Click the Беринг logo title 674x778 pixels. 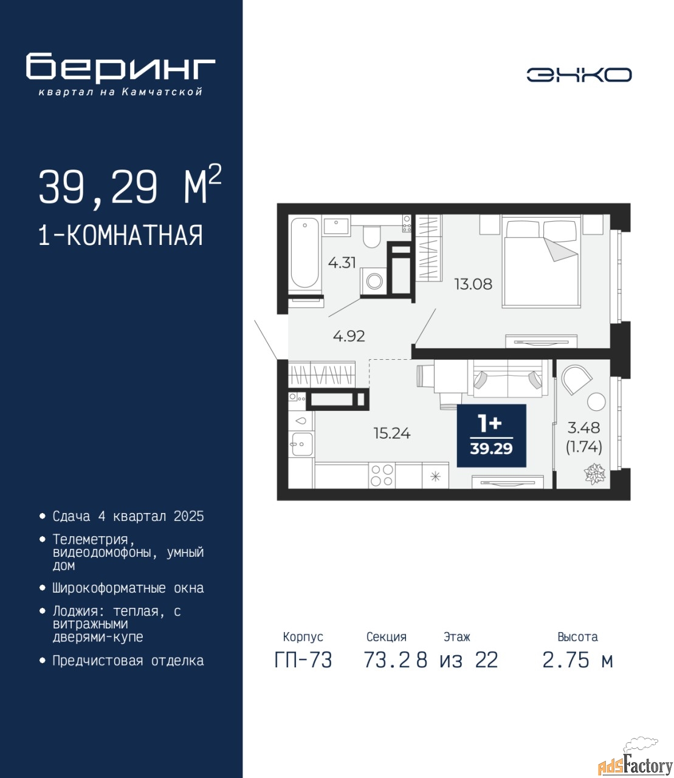coord(120,68)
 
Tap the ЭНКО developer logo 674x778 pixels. coord(579,75)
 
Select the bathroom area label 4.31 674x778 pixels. coord(342,263)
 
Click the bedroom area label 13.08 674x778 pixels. coord(473,284)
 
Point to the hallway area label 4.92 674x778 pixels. coord(349,336)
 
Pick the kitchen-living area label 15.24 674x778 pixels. coord(392,433)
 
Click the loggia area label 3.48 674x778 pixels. coord(583,427)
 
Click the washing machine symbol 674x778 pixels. coord(373,281)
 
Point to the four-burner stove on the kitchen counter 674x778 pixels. coord(382,475)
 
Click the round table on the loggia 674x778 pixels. coord(596,402)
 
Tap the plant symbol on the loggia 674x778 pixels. coord(594,474)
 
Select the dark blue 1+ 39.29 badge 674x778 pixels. coord(492,435)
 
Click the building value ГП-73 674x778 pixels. coord(303,660)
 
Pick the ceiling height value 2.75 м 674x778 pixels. coord(577,660)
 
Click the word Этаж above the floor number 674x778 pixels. coord(457,637)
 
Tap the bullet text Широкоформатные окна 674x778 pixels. coord(128,588)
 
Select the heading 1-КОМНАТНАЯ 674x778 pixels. coord(121,235)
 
